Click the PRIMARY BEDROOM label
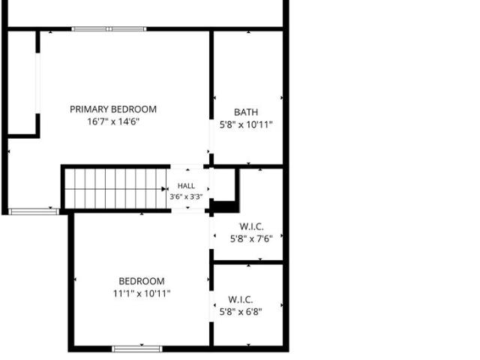coord(113,109)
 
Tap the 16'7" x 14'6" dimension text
coord(113,121)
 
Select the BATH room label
coord(246,112)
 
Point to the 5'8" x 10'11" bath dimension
coord(246,125)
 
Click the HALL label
coord(186,186)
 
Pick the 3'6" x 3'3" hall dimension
coord(186,196)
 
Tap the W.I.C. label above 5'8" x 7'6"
coord(251,226)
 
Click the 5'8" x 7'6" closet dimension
coord(251,238)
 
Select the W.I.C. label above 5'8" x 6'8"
coord(240,299)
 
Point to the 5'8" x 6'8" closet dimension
coord(241,312)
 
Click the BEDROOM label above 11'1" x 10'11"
coord(142,281)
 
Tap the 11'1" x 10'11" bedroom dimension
coord(142,294)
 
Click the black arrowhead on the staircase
coord(163,189)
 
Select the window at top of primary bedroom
coord(109,29)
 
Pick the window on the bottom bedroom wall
coord(137,349)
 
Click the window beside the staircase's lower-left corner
coord(33,211)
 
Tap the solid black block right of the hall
coord(224,207)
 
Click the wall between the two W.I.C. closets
coord(248,262)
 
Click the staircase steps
coord(115,189)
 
